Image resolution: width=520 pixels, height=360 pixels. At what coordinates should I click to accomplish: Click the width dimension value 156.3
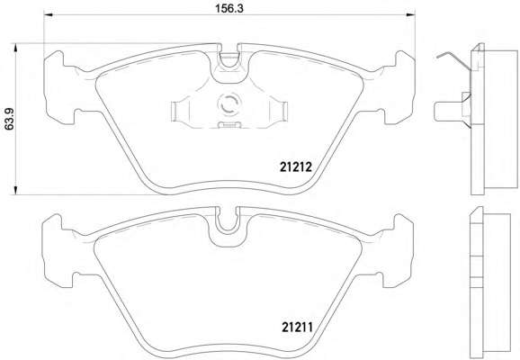(229, 8)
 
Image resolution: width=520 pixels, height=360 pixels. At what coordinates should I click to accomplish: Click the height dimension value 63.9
(9, 119)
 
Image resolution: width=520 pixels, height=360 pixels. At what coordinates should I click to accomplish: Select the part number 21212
(296, 166)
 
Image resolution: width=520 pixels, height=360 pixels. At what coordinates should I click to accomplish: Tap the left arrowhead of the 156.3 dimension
(49, 14)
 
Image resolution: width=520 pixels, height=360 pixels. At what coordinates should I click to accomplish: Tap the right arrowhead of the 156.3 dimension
(410, 14)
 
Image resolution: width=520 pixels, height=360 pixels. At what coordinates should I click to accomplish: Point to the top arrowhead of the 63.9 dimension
(15, 48)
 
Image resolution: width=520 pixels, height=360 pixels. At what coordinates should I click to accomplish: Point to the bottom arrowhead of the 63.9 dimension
(15, 191)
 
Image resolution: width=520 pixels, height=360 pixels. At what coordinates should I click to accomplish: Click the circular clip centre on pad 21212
(229, 103)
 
